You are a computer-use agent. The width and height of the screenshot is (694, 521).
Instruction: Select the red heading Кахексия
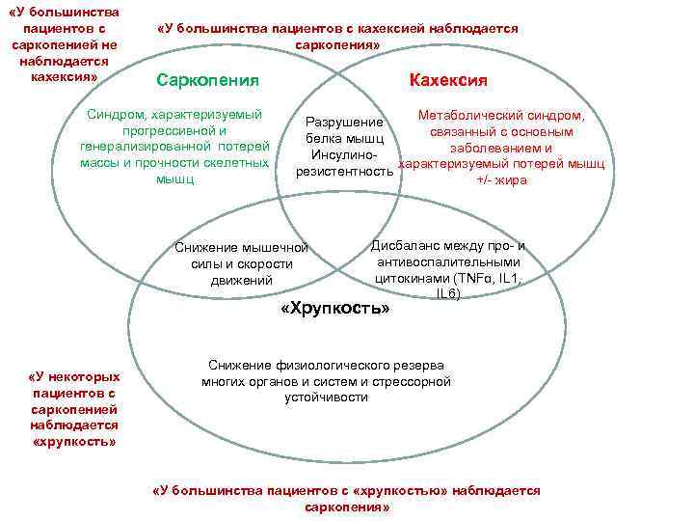(x=448, y=80)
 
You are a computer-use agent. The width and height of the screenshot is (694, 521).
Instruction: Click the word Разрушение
(x=344, y=123)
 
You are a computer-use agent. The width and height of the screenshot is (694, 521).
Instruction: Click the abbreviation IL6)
(x=447, y=293)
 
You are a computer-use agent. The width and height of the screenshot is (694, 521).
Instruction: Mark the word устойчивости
(x=326, y=397)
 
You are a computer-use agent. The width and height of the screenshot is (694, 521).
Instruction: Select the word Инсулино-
(x=343, y=154)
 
